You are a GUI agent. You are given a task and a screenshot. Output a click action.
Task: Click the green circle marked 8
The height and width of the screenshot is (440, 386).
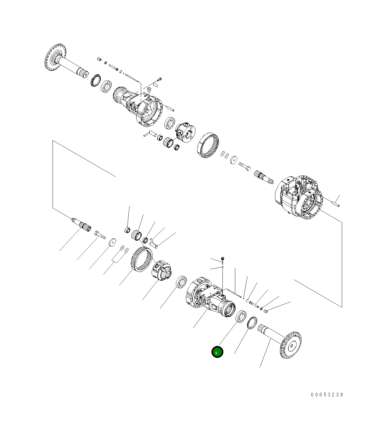(217, 352)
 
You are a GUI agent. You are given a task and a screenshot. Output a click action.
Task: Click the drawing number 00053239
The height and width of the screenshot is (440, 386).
(327, 394)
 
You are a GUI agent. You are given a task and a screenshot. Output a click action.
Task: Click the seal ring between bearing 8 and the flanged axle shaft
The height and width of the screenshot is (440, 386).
(252, 322)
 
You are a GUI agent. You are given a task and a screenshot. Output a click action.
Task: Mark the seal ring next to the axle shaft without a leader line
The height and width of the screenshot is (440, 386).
(96, 80)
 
